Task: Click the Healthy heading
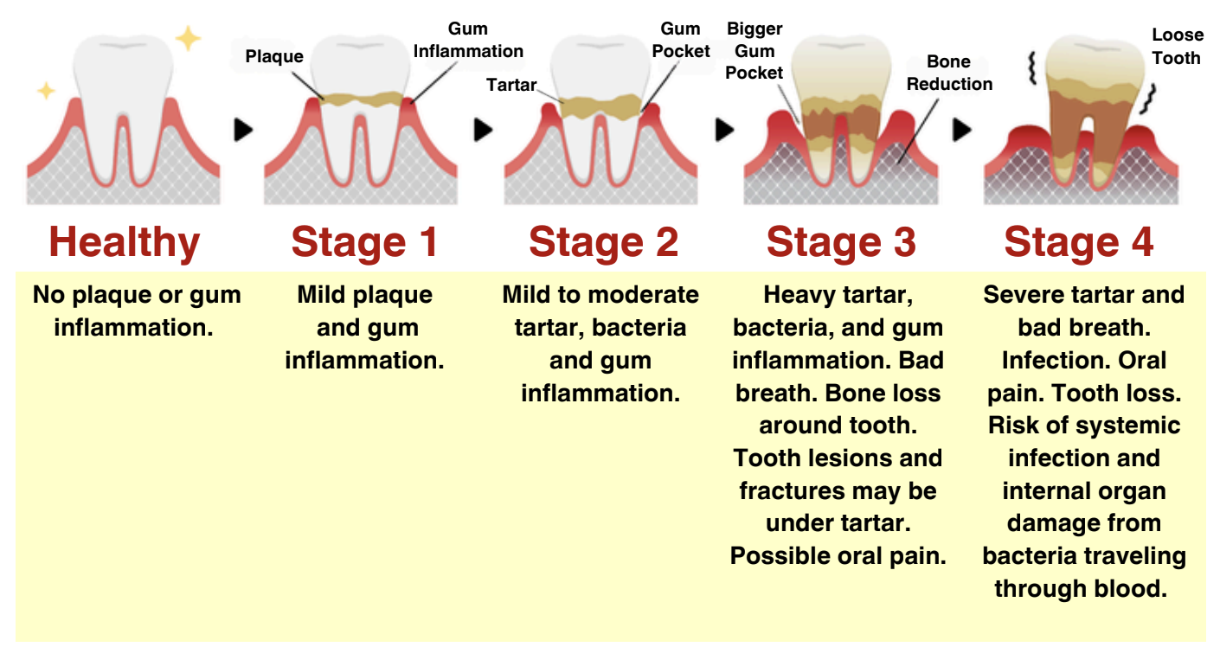click(125, 242)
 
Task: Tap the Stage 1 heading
click(364, 242)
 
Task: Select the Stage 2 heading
click(603, 242)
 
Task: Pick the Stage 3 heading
click(841, 242)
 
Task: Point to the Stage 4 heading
click(1079, 242)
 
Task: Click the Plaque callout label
click(274, 57)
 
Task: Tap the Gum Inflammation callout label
click(468, 41)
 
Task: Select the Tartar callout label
click(511, 85)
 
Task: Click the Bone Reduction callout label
click(949, 73)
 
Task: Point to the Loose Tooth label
click(1177, 47)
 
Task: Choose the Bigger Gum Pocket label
click(754, 52)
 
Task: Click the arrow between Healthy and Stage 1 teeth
click(244, 130)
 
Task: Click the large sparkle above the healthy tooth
click(188, 38)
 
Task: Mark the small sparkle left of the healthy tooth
click(45, 90)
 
